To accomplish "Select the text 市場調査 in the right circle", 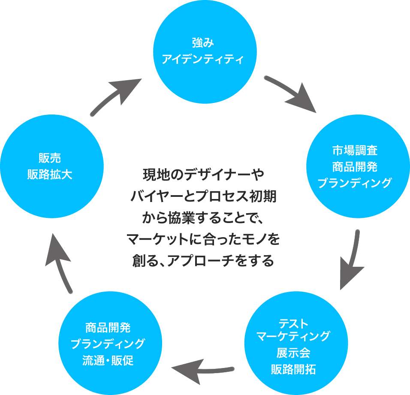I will click(x=354, y=151).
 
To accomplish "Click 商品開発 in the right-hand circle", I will click(x=354, y=166).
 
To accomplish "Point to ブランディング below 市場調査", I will click(x=354, y=183).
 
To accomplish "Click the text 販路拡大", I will click(x=49, y=174).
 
